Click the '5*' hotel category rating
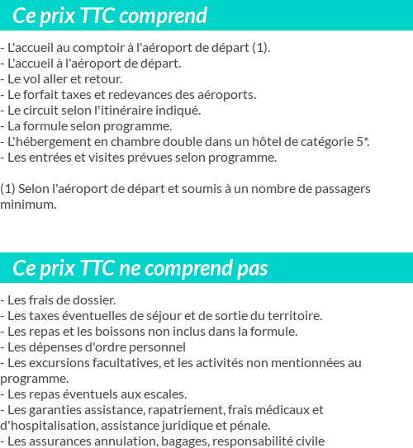point(363,142)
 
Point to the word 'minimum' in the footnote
point(27,205)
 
